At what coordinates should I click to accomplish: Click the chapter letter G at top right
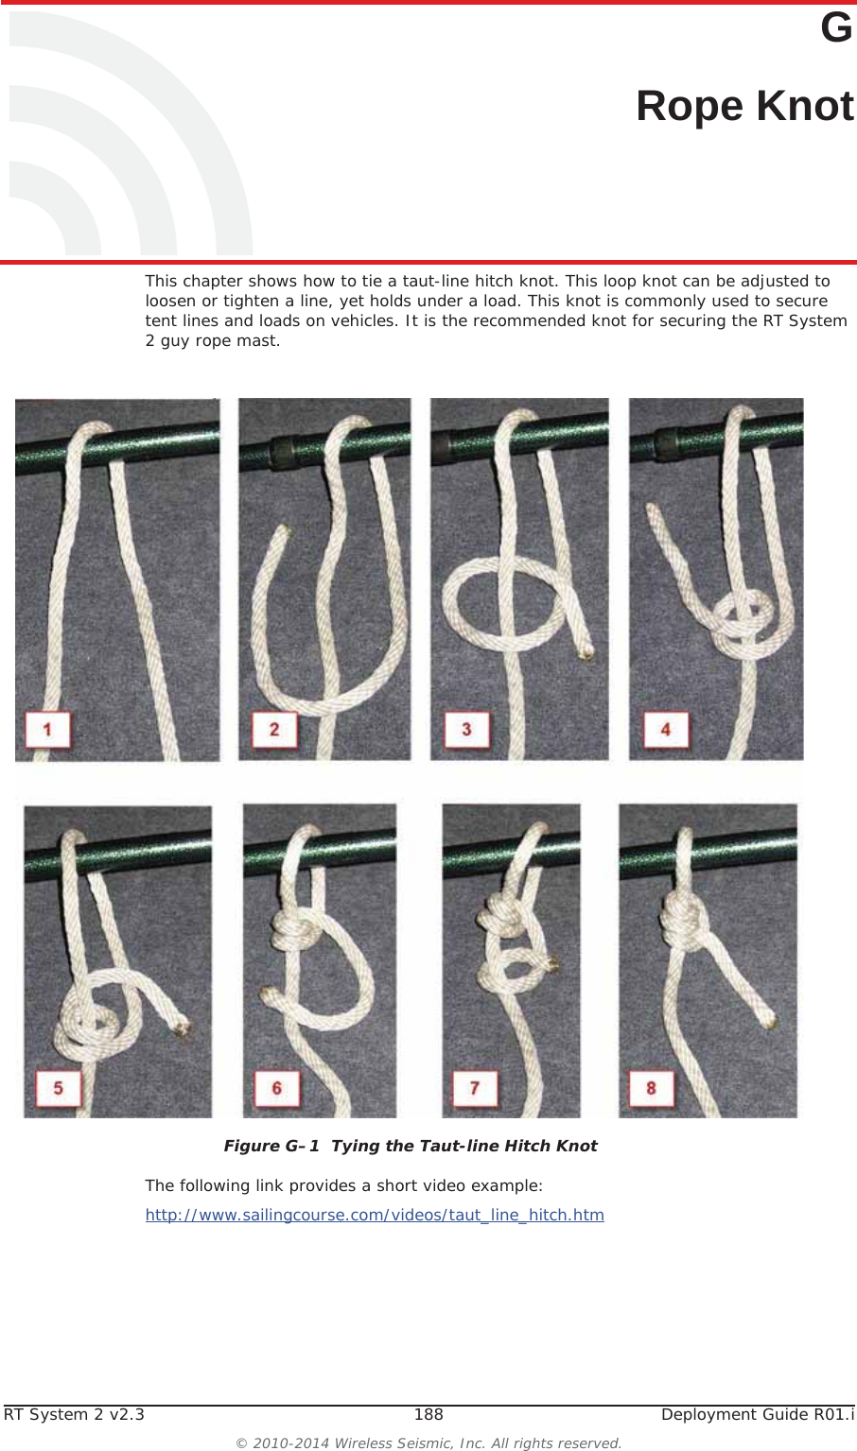(x=836, y=28)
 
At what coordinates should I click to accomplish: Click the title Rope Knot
(x=744, y=106)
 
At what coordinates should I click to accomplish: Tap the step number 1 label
(x=47, y=729)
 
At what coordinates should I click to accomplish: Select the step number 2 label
(x=274, y=729)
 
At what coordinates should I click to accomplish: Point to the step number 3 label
(x=466, y=729)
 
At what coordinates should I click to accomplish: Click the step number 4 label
(x=666, y=729)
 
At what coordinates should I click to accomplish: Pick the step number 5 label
(x=58, y=1088)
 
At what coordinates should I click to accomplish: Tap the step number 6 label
(x=277, y=1088)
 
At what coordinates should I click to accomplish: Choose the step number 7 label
(x=475, y=1088)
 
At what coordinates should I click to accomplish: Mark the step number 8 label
(x=651, y=1088)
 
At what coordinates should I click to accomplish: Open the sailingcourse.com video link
(x=375, y=1215)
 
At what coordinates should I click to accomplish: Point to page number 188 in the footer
(x=428, y=1414)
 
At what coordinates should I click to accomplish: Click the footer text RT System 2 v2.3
(x=75, y=1414)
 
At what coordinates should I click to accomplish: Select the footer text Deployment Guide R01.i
(x=757, y=1414)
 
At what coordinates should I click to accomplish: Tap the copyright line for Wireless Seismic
(x=428, y=1443)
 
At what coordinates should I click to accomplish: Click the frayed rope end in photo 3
(x=586, y=650)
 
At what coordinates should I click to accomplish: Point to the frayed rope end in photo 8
(x=770, y=1019)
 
